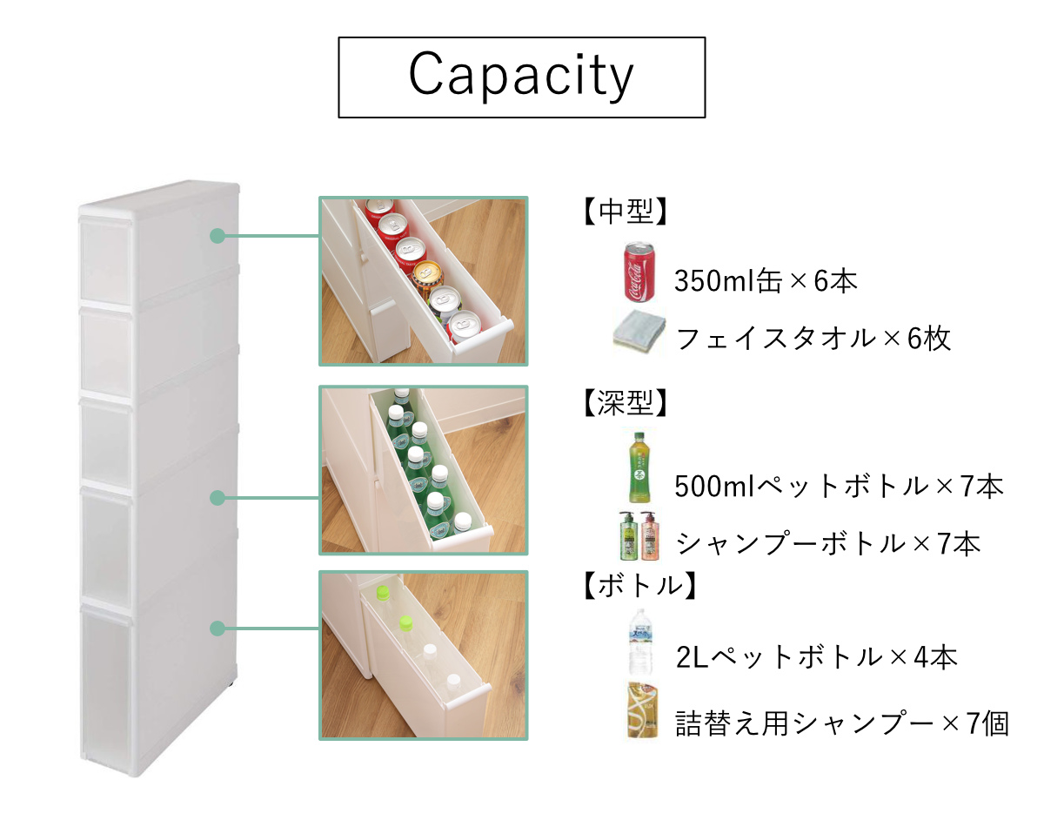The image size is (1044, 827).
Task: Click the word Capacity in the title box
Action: (521, 76)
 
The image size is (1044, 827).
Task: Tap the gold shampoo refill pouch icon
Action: (641, 711)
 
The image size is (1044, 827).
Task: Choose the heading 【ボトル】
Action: (635, 586)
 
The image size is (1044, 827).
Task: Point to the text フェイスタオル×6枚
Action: (813, 338)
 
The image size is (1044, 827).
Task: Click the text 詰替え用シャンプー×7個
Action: (841, 723)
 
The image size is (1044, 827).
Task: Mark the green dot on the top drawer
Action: (217, 236)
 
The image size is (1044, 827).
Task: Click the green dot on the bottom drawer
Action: (217, 628)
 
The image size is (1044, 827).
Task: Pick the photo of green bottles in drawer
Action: (424, 470)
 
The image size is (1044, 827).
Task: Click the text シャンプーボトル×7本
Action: (828, 544)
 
